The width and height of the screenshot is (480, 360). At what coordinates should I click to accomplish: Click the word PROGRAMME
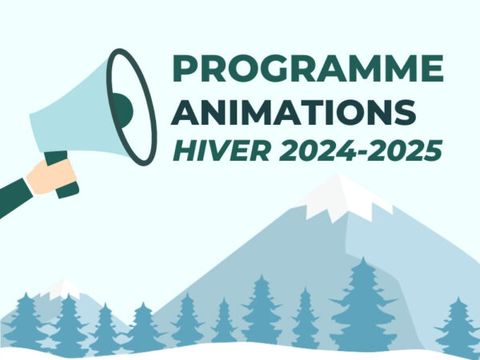pyautogui.click(x=308, y=70)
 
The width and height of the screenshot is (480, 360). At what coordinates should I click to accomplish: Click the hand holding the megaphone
pyautogui.click(x=52, y=174)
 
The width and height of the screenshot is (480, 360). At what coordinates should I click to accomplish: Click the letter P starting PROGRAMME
pyautogui.click(x=185, y=70)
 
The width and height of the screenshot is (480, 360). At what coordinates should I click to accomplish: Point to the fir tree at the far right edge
pyautogui.click(x=459, y=324)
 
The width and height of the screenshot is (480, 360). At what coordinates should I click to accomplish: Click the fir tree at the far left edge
pyautogui.click(x=24, y=320)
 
